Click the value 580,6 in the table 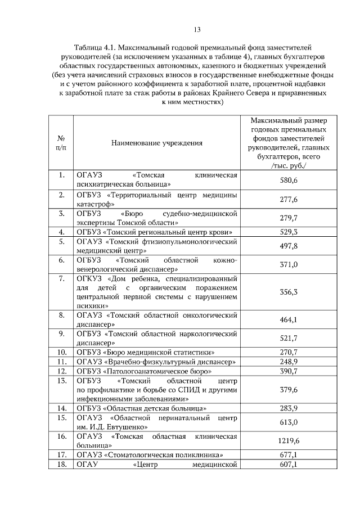pyautogui.click(x=289, y=180)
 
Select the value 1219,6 pyautogui.click(x=289, y=441)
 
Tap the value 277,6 pyautogui.click(x=289, y=200)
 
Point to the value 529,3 pyautogui.click(x=289, y=232)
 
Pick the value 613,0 pyautogui.click(x=289, y=422)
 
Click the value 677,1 pyautogui.click(x=289, y=454)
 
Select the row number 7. pyautogui.click(x=61, y=278)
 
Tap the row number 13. pyautogui.click(x=61, y=381)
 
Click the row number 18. pyautogui.click(x=61, y=464)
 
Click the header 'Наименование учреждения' pyautogui.click(x=157, y=143)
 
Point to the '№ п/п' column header pyautogui.click(x=61, y=143)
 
